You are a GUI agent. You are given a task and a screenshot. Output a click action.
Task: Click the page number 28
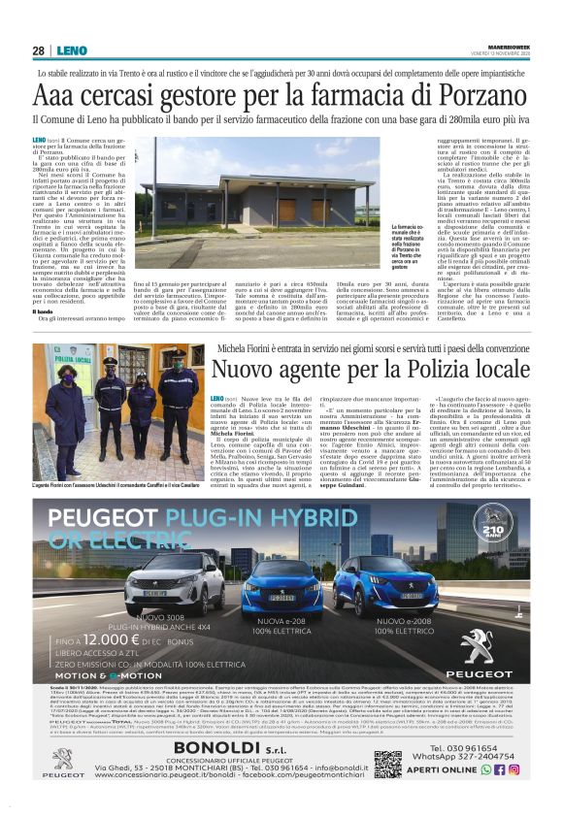click(x=38, y=50)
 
